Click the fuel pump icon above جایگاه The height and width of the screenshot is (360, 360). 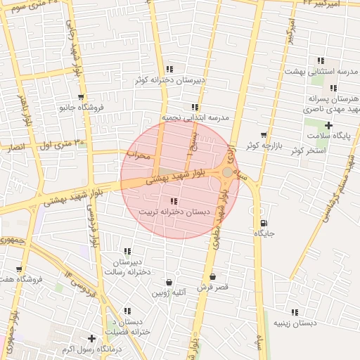[263, 224]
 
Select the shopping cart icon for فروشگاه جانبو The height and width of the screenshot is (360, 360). [82, 98]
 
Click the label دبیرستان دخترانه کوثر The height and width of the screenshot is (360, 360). [172, 79]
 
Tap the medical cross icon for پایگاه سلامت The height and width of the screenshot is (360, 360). [328, 125]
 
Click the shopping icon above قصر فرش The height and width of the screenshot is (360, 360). [212, 276]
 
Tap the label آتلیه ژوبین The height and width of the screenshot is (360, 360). [168, 292]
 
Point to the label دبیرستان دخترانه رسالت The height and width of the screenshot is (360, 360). [128, 266]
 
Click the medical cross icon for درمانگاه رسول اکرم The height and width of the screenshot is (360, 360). [91, 338]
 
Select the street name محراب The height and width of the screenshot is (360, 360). [139, 155]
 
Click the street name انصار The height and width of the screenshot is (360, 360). [15, 148]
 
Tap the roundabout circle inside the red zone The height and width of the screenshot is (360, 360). [227, 172]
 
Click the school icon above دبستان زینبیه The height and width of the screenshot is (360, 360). [295, 311]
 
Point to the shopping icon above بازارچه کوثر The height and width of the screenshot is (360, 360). [264, 134]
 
